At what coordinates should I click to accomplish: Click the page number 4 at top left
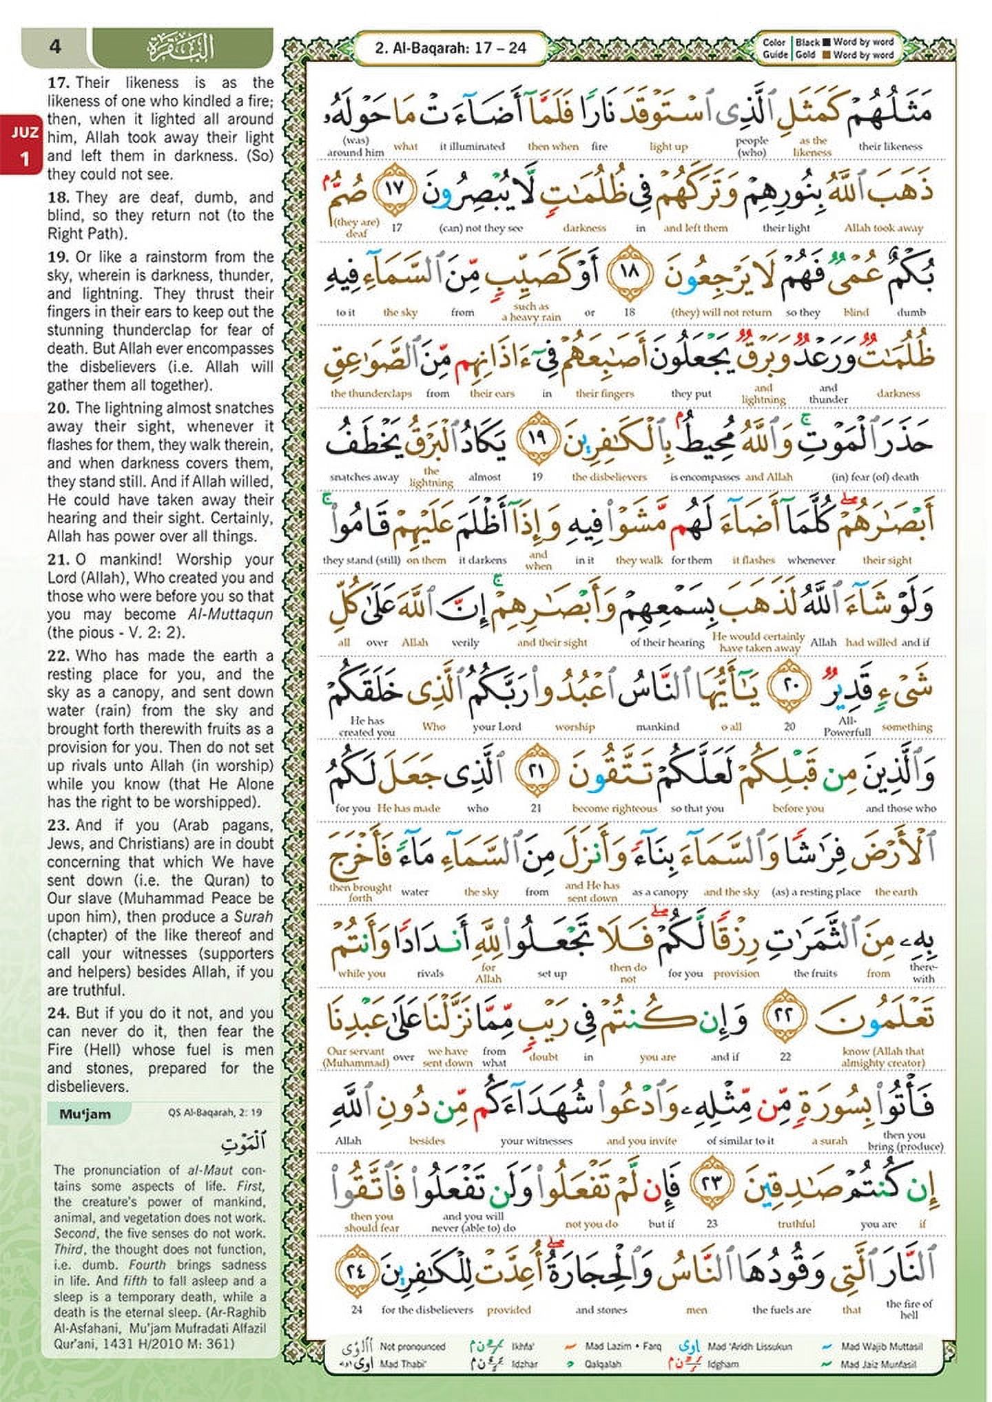click(56, 47)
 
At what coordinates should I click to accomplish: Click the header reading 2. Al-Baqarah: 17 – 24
click(451, 48)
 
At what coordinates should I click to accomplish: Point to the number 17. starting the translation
click(59, 83)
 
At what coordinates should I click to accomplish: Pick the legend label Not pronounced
click(412, 1346)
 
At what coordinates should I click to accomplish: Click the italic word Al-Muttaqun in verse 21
click(220, 614)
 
